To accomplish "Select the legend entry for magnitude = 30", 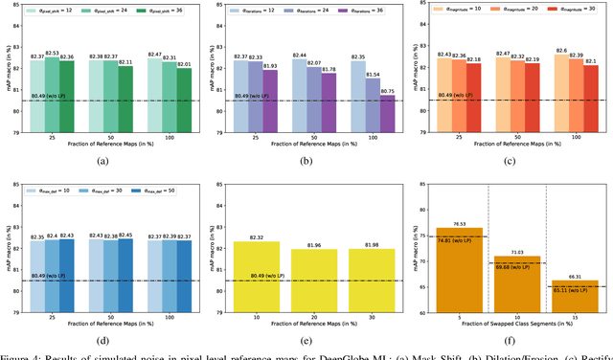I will [x=573, y=11].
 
